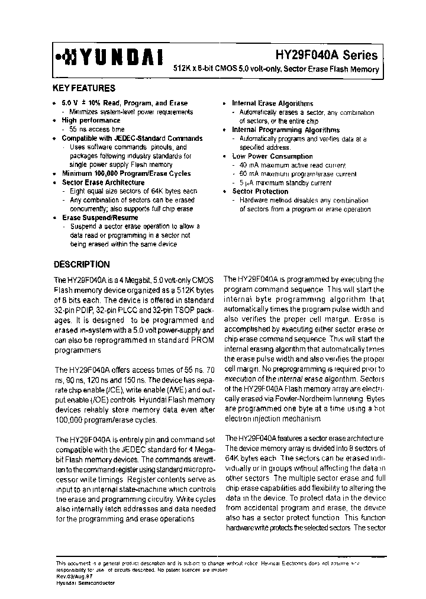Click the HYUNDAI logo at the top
click(109, 56)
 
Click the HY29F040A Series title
click(326, 55)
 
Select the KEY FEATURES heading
click(84, 88)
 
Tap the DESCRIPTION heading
click(82, 265)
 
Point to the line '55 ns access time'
click(96, 129)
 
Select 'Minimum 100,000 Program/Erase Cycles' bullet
click(126, 173)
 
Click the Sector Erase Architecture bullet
click(103, 182)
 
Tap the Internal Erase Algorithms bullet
click(272, 103)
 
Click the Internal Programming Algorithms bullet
click(285, 130)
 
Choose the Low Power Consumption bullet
click(272, 156)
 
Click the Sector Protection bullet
click(260, 191)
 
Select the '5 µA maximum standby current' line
click(285, 183)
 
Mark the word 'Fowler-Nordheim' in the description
click(308, 400)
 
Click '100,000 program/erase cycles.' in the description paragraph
click(106, 420)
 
